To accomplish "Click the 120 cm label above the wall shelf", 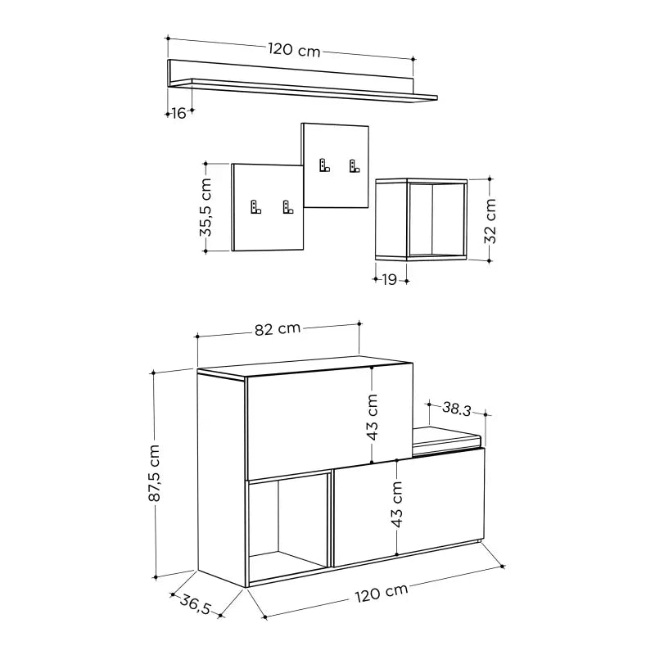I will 293,49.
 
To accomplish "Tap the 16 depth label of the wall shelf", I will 178,114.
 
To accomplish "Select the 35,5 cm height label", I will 206,208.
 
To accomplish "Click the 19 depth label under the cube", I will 389,280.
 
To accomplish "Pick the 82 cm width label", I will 277,329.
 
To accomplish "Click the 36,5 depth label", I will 196,608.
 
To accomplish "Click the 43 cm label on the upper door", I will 373,417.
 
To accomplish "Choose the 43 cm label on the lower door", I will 397,505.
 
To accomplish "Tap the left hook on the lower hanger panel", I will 255,208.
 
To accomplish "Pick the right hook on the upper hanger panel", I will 355,165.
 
